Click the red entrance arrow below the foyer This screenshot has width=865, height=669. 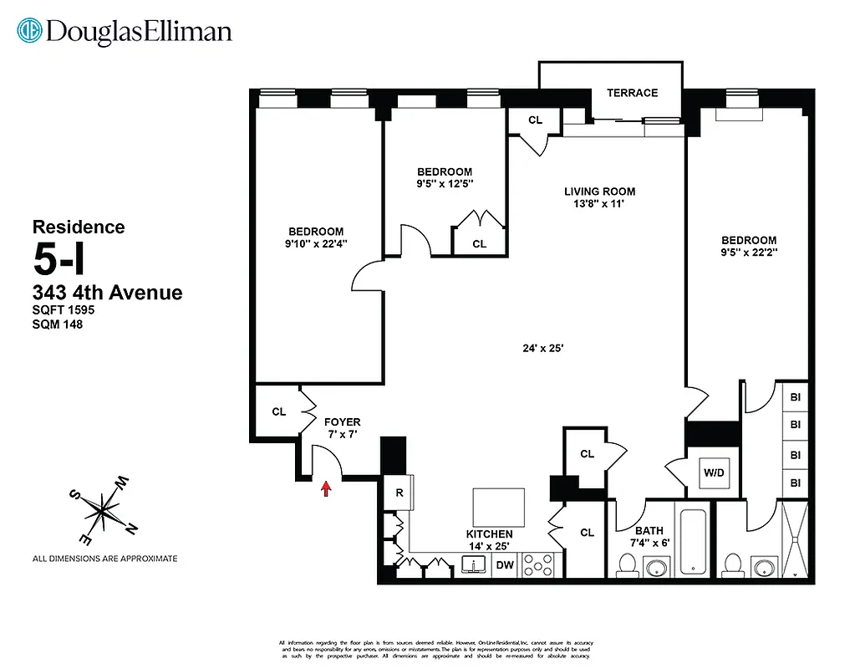pos(326,488)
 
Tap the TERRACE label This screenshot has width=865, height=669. pos(632,93)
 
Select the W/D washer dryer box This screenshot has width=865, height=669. pos(714,472)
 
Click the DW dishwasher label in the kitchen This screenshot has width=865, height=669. pos(505,565)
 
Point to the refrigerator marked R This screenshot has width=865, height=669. pos(399,493)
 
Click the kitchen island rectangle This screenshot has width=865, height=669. pos(499,507)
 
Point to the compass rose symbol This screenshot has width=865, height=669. pos(102,508)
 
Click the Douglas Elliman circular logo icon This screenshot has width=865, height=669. pos(31,32)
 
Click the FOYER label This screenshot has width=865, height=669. pos(342,422)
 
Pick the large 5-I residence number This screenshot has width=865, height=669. pos(59,261)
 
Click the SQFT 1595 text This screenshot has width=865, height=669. pos(64,309)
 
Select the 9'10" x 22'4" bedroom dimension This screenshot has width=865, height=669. pos(316,244)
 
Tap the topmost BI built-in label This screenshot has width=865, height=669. pos(795,397)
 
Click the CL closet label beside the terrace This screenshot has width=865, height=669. pos(535,120)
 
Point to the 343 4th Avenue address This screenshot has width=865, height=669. pos(107,293)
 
